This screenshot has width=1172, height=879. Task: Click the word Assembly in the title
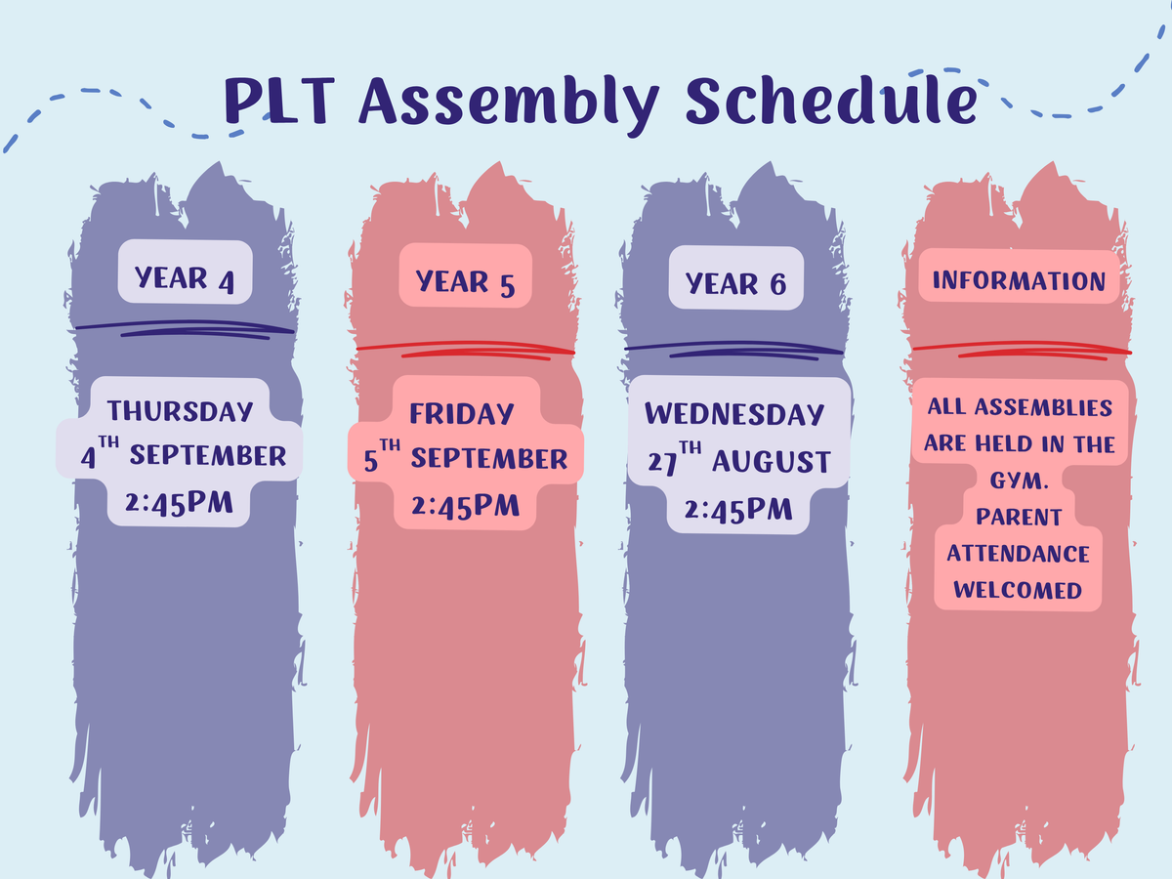coord(509,104)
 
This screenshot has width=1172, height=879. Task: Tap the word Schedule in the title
coord(831,101)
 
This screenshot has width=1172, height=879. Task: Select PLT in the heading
coord(279,101)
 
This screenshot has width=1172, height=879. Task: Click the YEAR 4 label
coord(185,279)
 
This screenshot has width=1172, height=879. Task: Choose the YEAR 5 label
coord(465,283)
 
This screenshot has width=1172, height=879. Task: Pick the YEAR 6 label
coord(735,284)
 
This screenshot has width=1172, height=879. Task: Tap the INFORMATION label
coord(1019,280)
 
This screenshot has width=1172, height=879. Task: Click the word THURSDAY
coord(181,411)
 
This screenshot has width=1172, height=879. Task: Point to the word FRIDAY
coord(462,414)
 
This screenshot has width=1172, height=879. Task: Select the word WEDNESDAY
coord(734,414)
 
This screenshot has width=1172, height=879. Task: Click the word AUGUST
coord(772,462)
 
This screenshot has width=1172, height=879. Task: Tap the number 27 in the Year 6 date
coord(662,463)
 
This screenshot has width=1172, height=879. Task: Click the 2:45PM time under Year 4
coord(179,503)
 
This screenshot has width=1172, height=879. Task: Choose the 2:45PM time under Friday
coord(465,506)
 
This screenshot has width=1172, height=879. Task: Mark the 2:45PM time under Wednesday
coord(738,509)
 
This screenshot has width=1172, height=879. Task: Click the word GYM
coord(1019,481)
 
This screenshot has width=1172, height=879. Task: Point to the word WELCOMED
coord(1018,590)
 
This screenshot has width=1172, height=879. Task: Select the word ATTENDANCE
coord(1019,554)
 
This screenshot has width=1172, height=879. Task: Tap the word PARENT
coord(1019,518)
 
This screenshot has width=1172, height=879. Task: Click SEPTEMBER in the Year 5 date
coord(489,459)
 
